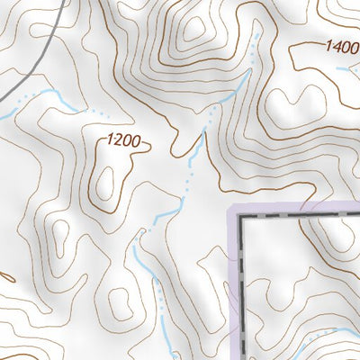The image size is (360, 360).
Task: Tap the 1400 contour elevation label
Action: click(x=341, y=47)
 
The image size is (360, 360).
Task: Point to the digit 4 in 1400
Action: click(x=334, y=46)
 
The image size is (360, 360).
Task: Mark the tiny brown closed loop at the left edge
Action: click(x=4, y=274)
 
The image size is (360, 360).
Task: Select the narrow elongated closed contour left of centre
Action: click(x=59, y=238)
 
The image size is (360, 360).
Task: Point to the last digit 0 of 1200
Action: click(x=139, y=142)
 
